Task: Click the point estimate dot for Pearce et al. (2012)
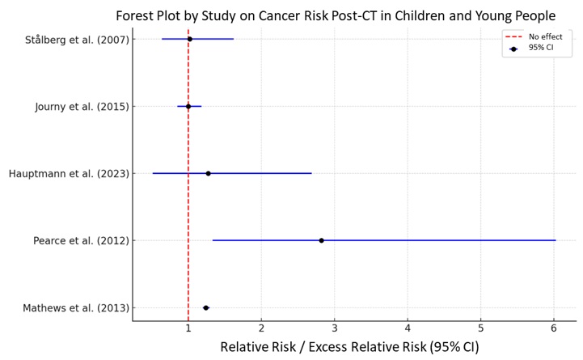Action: pyautogui.click(x=321, y=240)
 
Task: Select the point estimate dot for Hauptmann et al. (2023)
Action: pyautogui.click(x=208, y=173)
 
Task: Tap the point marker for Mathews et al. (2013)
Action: pyautogui.click(x=206, y=307)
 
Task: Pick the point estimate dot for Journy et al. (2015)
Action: pyautogui.click(x=188, y=106)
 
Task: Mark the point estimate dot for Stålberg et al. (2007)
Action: pyautogui.click(x=190, y=39)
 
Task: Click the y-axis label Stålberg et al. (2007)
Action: pyautogui.click(x=77, y=40)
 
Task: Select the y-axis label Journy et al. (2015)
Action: pyautogui.click(x=82, y=107)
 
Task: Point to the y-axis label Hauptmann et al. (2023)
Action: pyautogui.click(x=68, y=174)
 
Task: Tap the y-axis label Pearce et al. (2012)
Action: pyautogui.click(x=81, y=241)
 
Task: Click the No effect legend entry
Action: pyautogui.click(x=539, y=36)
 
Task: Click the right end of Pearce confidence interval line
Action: pyautogui.click(x=556, y=240)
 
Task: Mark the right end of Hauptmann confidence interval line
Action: pyautogui.click(x=311, y=173)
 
